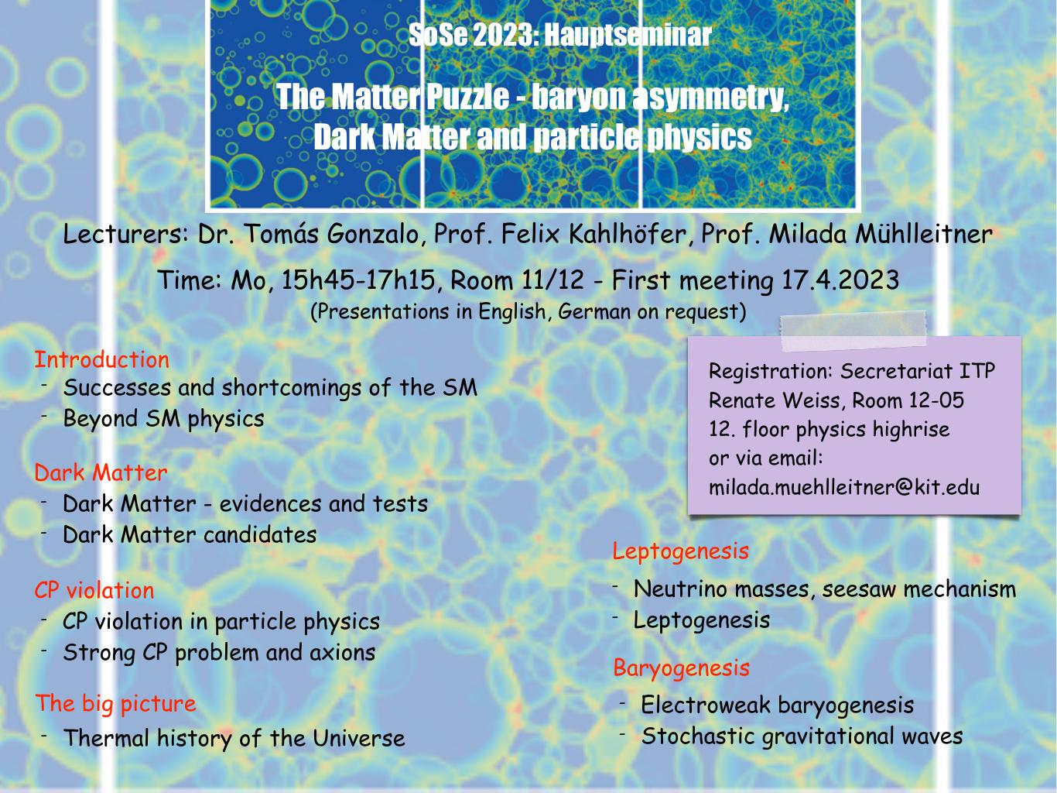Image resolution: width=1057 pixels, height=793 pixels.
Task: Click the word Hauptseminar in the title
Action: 628,35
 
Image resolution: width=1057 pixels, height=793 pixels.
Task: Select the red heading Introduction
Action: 101,359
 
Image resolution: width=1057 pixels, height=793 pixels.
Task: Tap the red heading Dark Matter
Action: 101,472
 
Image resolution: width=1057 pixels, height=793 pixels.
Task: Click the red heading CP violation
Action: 94,590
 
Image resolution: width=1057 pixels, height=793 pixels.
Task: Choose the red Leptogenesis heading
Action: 680,551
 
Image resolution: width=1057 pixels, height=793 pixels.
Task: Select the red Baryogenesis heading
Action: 682,669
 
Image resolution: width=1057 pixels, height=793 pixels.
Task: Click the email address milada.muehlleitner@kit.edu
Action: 844,487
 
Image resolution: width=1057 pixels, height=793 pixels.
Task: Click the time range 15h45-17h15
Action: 357,280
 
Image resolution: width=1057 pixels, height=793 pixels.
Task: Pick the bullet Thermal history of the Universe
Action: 234,738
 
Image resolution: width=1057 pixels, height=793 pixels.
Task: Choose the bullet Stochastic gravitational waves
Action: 802,736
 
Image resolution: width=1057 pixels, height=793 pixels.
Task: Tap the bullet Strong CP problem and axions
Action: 219,654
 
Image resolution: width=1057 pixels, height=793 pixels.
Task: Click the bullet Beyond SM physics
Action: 164,419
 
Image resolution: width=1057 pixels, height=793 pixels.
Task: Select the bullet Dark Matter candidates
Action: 190,534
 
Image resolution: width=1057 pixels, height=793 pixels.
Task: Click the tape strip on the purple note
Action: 853,330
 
